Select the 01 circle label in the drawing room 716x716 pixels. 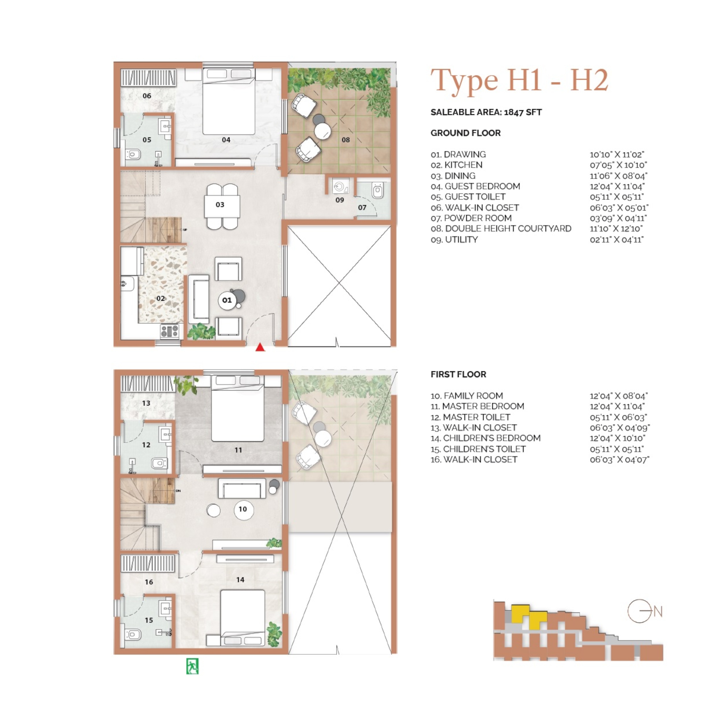(x=227, y=300)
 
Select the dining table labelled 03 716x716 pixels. (x=222, y=206)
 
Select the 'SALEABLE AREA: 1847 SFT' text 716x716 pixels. (x=486, y=112)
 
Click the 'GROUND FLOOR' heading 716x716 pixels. (x=465, y=133)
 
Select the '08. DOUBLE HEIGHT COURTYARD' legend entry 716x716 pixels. (x=501, y=229)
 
